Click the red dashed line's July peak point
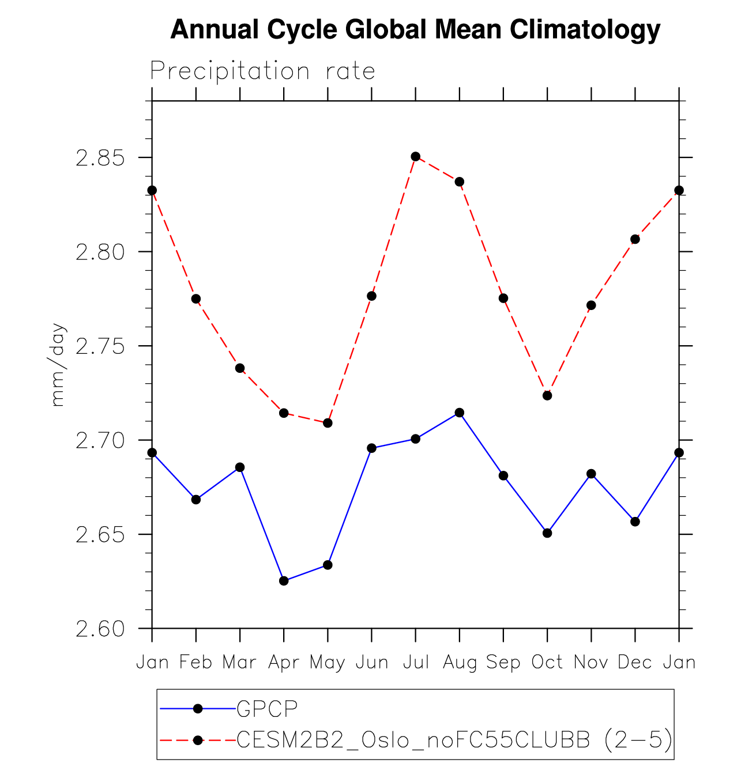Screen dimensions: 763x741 click(x=415, y=157)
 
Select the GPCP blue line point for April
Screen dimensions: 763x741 click(x=284, y=581)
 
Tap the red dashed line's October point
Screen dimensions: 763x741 click(x=547, y=395)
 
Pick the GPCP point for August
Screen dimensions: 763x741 click(x=460, y=413)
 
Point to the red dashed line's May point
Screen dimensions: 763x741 click(x=328, y=423)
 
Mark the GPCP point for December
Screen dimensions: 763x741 click(x=635, y=522)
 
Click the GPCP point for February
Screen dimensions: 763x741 click(x=196, y=500)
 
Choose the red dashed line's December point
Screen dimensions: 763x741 click(x=635, y=239)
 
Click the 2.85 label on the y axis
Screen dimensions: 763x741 click(x=100, y=158)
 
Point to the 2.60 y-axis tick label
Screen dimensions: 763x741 click(x=100, y=629)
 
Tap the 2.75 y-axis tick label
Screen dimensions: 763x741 click(x=100, y=346)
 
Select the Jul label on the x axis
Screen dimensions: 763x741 click(x=415, y=663)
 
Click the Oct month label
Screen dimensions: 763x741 click(x=547, y=663)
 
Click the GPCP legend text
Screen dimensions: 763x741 click(x=267, y=709)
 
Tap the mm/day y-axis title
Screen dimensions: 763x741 click(x=58, y=365)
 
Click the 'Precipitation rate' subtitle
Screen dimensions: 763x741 click(x=263, y=71)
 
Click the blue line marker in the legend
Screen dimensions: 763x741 click(x=198, y=709)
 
